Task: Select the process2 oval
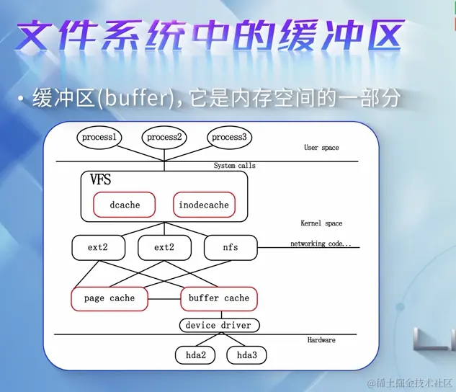(x=164, y=137)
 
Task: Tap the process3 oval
(x=229, y=137)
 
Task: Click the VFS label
(x=101, y=180)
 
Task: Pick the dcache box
(x=125, y=205)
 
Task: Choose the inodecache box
(x=204, y=205)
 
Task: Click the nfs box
(x=230, y=247)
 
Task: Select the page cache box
(x=109, y=298)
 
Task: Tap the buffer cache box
(x=218, y=298)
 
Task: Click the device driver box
(x=218, y=325)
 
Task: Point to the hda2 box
(x=196, y=355)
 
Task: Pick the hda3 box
(x=247, y=355)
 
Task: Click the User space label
(x=321, y=148)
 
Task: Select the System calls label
(x=234, y=166)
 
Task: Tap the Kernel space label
(x=321, y=223)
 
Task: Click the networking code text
(x=321, y=244)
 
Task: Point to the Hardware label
(x=321, y=340)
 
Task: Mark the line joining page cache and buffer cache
(x=164, y=298)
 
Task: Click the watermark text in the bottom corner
(x=410, y=381)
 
